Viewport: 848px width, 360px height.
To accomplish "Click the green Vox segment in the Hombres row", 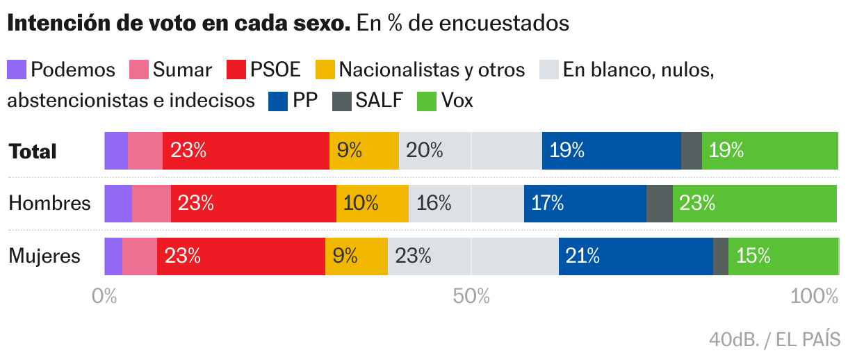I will point(754,204).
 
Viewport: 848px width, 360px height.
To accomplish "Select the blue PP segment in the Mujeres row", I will point(635,256).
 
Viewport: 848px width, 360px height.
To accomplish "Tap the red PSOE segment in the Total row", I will point(245,151).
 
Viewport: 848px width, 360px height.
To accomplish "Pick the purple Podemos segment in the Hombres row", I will point(117,204).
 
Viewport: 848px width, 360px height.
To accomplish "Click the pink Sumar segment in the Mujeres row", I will point(139,256).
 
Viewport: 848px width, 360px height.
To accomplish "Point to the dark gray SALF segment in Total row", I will point(691,151).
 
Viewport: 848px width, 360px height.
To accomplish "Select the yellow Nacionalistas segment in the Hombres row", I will point(372,204).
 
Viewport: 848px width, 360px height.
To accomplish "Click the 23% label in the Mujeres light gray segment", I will point(414,256).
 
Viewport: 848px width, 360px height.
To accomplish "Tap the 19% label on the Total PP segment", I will point(567,151).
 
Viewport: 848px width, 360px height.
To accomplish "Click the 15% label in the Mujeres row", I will point(753,256).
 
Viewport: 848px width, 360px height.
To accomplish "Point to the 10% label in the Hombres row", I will point(361,204).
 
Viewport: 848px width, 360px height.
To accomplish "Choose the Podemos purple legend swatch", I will point(17,69).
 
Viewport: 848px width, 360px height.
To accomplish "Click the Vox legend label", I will point(457,101).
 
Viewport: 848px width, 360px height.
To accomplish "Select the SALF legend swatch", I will point(342,101).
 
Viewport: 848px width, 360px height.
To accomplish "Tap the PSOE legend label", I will point(275,69).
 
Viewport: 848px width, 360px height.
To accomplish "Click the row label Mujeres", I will point(44,256).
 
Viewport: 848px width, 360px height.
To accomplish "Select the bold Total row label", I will point(32,152).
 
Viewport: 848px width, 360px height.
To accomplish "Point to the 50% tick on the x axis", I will point(471,297).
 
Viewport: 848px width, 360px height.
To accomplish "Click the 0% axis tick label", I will point(104,297).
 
